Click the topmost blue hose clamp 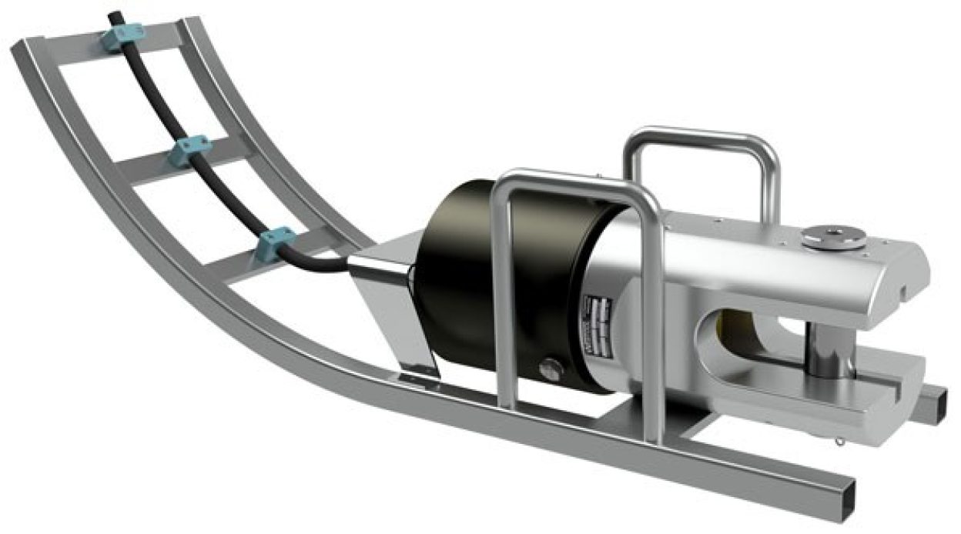pyautogui.click(x=123, y=35)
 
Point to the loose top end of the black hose pyautogui.click(x=114, y=15)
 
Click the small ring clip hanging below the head pyautogui.click(x=839, y=442)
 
